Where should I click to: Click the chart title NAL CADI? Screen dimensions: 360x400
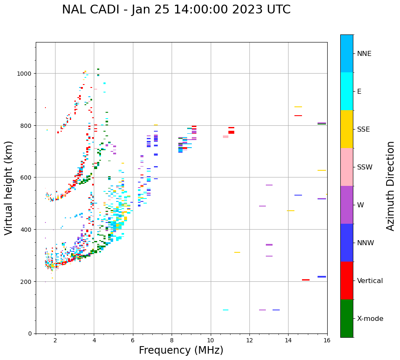[x=176, y=10]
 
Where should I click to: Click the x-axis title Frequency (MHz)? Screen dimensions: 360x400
[x=181, y=350]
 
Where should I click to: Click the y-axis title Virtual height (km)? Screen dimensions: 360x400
[x=9, y=188]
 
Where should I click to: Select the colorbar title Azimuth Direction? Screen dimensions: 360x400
[x=391, y=186]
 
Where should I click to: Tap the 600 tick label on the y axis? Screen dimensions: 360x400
[x=26, y=177]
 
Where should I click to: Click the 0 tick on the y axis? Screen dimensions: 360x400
[x=29, y=334]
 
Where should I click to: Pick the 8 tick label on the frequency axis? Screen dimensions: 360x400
[x=172, y=341]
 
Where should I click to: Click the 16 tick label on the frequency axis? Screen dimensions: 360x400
[x=327, y=341]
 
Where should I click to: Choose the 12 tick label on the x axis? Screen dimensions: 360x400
[x=249, y=341]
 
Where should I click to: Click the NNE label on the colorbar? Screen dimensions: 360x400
[x=364, y=54]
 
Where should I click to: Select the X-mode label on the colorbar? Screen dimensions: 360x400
[x=370, y=319]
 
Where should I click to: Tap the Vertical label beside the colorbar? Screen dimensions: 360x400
[x=370, y=281]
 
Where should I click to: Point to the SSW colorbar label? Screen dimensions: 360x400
[x=365, y=167]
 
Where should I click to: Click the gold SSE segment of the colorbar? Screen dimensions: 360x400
[x=347, y=129]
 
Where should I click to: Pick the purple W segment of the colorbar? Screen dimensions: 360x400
[x=347, y=205]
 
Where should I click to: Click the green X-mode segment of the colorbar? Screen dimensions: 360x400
[x=347, y=318]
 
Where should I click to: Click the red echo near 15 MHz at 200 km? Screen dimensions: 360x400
[x=306, y=280]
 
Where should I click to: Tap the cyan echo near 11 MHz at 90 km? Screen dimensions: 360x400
[x=226, y=310]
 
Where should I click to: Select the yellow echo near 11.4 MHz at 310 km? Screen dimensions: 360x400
[x=237, y=252]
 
